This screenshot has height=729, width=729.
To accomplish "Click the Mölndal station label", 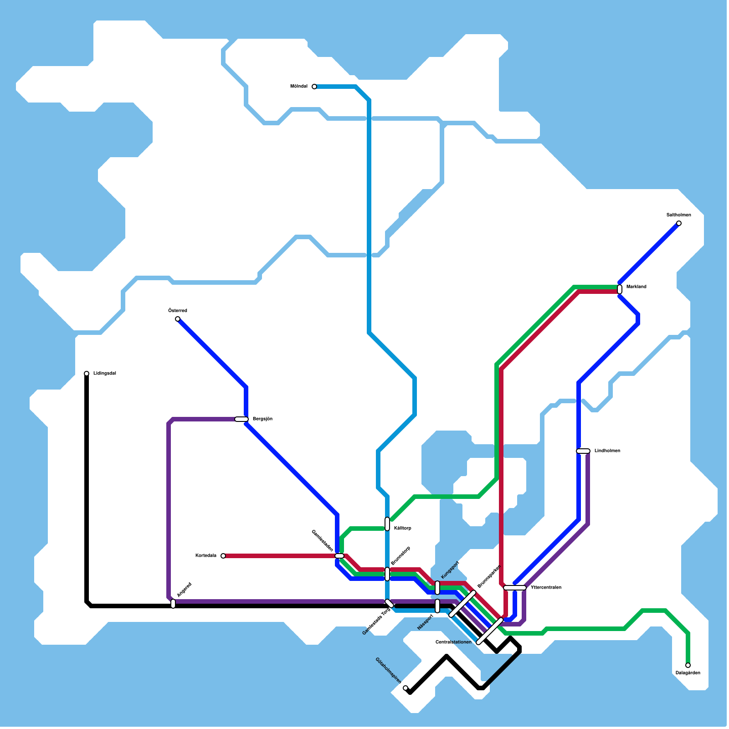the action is [x=299, y=87].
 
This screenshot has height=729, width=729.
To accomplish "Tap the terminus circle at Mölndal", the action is [x=314, y=87].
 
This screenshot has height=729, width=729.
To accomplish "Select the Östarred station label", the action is [x=178, y=311].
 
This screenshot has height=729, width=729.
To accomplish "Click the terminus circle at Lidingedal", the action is [x=87, y=374].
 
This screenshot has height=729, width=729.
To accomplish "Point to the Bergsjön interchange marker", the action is [x=241, y=419].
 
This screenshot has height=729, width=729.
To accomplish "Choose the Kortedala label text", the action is [x=206, y=556].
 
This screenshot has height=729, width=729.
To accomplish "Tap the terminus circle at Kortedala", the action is [x=223, y=556].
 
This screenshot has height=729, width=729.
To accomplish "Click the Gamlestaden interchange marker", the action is [x=339, y=556].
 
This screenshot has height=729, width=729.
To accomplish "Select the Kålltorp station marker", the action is [x=387, y=524].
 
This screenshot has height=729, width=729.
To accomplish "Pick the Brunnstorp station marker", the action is [x=387, y=574].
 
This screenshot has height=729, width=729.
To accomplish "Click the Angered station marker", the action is [x=173, y=604].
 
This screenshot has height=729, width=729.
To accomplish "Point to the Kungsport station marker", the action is [x=437, y=588].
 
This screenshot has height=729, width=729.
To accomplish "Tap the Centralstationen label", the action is [x=453, y=642].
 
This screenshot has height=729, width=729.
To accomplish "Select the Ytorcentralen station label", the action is [x=546, y=588].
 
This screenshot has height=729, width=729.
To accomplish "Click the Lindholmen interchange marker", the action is [x=583, y=451].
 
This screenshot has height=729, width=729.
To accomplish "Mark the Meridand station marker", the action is [x=620, y=289].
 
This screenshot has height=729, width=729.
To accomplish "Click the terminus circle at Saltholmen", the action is [x=679, y=223].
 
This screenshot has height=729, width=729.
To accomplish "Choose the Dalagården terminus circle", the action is [x=688, y=665].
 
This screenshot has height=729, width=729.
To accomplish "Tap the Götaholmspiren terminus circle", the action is [x=406, y=688].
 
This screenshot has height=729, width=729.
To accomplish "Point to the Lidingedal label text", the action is [x=105, y=374].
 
